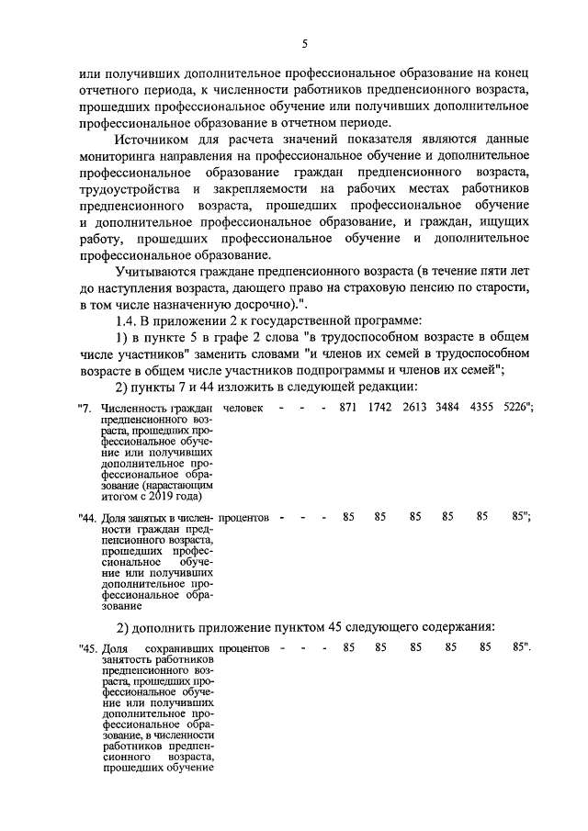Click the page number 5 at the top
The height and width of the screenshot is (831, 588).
(304, 43)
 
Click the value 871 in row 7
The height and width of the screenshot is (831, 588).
(348, 407)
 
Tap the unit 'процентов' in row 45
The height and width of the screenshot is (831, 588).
(244, 650)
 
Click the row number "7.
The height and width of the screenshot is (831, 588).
(86, 408)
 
